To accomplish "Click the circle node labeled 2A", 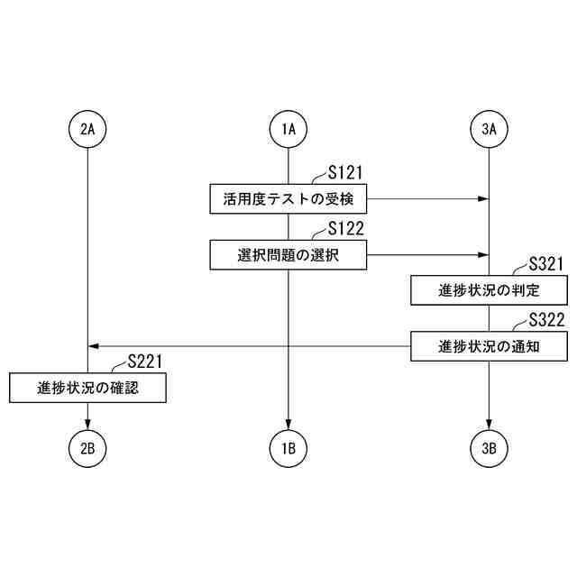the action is tap(87, 129).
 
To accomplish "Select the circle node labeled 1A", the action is tap(288, 129).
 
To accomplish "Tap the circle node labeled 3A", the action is tap(490, 129).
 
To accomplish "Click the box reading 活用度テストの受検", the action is tap(288, 198).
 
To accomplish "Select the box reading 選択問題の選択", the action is tap(288, 254).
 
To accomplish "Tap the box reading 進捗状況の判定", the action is tap(490, 290).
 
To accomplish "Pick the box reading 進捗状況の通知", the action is tap(490, 346).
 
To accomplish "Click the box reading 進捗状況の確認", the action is tap(87, 388).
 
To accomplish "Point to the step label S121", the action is tap(346, 172).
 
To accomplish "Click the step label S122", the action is tap(346, 228).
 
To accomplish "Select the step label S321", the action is tap(547, 264).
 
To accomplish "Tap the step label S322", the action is tap(547, 320).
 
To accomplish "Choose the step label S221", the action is tap(145, 362).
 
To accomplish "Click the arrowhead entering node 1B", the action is tap(288, 424).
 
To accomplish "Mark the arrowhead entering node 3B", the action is tap(490, 424).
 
